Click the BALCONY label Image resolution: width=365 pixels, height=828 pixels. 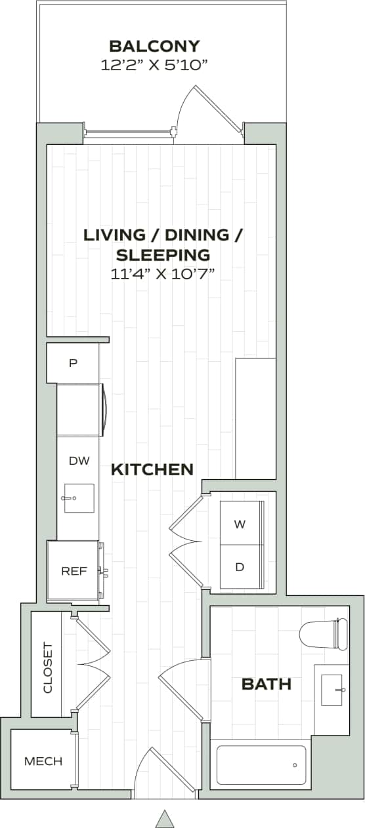tap(154, 47)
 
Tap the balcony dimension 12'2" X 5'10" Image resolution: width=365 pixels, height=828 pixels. tap(154, 65)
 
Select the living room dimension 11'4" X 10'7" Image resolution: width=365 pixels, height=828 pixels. tap(163, 273)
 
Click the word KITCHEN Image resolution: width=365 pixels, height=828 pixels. tap(152, 469)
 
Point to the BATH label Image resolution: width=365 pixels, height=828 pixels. tap(267, 684)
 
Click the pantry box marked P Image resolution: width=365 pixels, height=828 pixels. tap(73, 363)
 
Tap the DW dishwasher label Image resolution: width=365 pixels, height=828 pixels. tap(79, 461)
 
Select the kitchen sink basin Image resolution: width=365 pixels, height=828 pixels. tap(79, 498)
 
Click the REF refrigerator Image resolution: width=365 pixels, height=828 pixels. tap(74, 570)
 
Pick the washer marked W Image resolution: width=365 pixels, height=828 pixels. tap(240, 524)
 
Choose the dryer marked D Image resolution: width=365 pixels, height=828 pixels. tap(240, 566)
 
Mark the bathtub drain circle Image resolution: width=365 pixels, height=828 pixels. tap(295, 765)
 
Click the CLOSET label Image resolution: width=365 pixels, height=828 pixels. tap(47, 667)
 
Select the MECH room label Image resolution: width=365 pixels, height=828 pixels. tap(43, 761)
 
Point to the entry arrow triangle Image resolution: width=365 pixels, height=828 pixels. tap(164, 818)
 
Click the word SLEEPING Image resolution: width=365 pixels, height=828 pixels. tap(163, 254)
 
